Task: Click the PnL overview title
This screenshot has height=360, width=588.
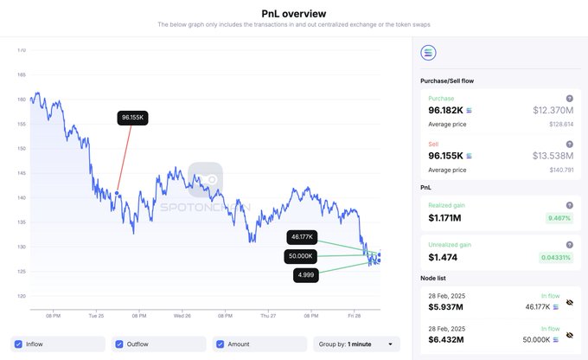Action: click(x=294, y=13)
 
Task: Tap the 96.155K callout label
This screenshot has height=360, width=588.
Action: click(x=133, y=118)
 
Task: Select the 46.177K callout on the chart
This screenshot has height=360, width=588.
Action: click(x=303, y=236)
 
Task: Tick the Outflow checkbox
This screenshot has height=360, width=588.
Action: click(x=119, y=344)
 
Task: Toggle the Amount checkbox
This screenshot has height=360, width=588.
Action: click(x=220, y=344)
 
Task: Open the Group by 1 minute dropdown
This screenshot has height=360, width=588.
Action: click(x=356, y=344)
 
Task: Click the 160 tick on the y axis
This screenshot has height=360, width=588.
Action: click(x=22, y=100)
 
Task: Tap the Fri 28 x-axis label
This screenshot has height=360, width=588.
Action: click(x=353, y=316)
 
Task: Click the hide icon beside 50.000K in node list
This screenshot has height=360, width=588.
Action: click(x=570, y=333)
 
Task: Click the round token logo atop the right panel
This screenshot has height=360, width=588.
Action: click(x=428, y=53)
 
